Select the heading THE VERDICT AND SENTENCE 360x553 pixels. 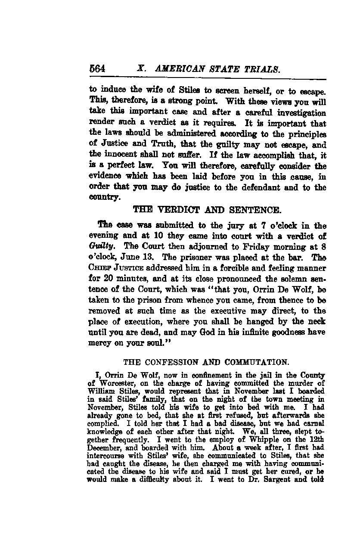click(x=208, y=211)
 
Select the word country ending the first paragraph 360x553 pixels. click(x=104, y=198)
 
